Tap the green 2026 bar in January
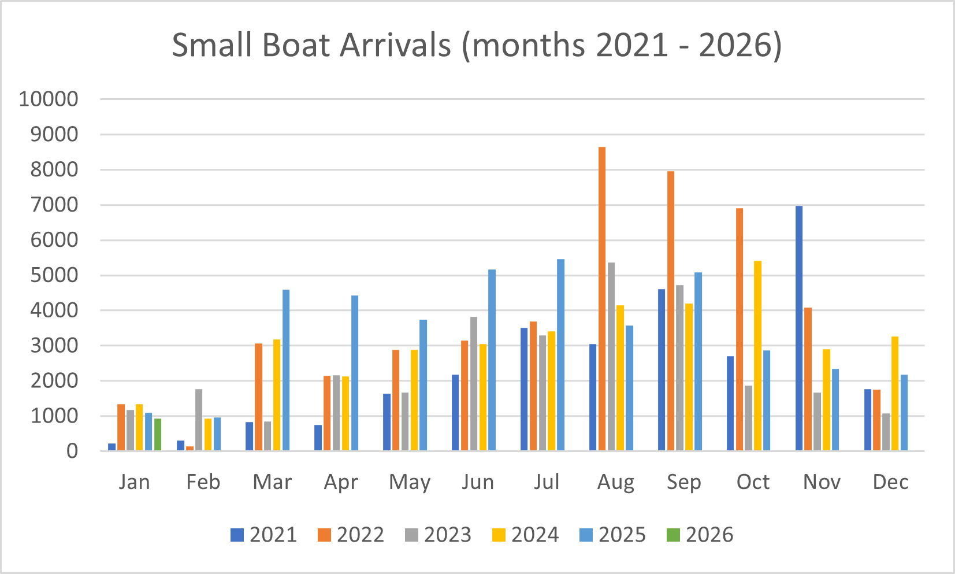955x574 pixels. (x=158, y=435)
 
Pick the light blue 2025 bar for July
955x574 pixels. (x=560, y=355)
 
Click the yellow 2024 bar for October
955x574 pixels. (x=757, y=355)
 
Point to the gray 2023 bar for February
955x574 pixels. (x=199, y=420)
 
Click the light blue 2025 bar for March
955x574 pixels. (x=286, y=370)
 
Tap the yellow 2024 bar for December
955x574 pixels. (x=895, y=394)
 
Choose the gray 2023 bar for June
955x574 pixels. (x=474, y=384)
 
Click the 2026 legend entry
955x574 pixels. (x=700, y=535)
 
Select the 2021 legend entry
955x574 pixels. (x=264, y=535)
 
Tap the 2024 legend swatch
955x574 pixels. (x=499, y=535)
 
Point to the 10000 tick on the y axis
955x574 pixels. (x=49, y=99)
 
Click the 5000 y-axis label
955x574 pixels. (x=54, y=275)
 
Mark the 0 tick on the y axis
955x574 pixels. (x=72, y=451)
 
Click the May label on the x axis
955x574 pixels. (x=410, y=482)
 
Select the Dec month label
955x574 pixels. (x=890, y=482)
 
